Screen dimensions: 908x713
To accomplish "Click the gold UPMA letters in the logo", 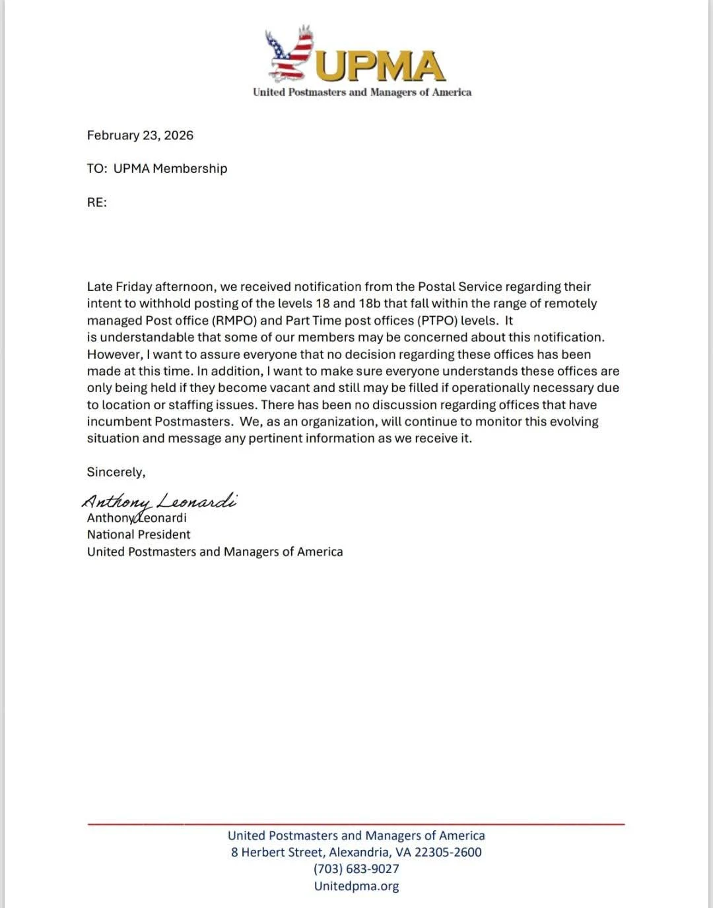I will point(382,66).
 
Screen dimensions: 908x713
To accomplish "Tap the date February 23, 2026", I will point(140,135).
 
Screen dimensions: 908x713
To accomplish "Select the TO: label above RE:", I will point(96,169).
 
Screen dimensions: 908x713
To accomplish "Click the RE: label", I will point(96,203).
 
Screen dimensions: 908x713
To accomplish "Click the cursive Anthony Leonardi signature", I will point(159,502).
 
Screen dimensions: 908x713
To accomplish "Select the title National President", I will point(139,535).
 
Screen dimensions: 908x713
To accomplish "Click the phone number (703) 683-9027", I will point(356,869).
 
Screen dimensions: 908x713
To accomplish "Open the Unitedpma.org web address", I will point(356,886).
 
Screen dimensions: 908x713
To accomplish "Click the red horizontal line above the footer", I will point(356,824).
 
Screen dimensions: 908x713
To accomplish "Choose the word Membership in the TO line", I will point(190,169).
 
